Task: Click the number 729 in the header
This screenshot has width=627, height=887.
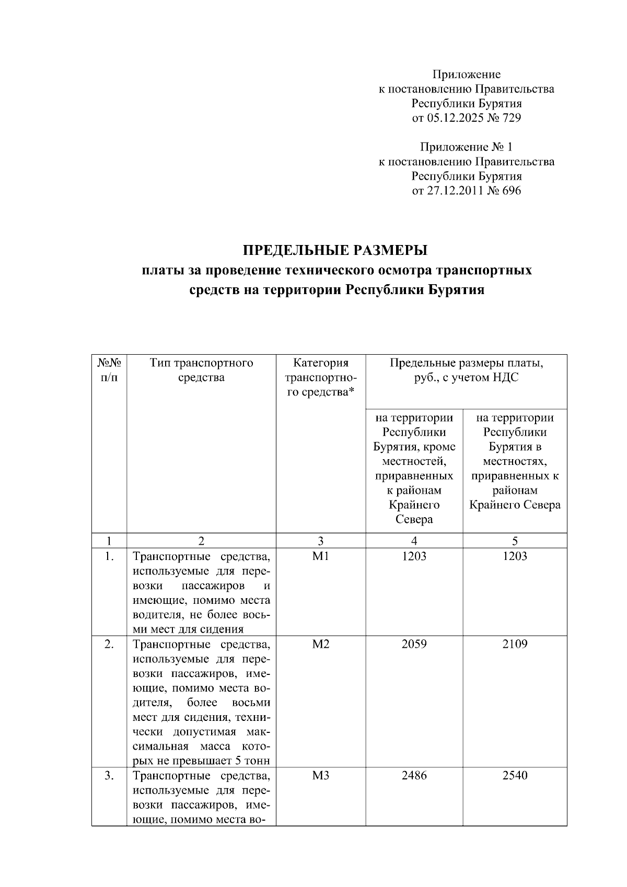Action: pos(511,118)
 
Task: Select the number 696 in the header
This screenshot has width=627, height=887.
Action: pos(511,191)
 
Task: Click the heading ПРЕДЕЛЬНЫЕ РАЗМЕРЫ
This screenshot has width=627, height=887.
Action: pos(335,251)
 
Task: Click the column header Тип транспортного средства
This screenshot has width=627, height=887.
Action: pos(201,370)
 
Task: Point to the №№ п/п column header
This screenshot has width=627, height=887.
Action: pos(109,370)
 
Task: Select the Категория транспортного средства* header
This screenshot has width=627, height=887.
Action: pos(320,377)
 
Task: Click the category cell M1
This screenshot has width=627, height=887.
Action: pos(320,557)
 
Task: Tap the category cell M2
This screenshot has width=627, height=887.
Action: pos(320,645)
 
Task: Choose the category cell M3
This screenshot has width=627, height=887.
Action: pos(320,776)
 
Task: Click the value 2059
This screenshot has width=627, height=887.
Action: pos(414,645)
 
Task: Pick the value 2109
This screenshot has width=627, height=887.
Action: pos(515,645)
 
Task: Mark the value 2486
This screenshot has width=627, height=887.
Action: pos(414,776)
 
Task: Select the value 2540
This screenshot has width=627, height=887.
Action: pos(515,776)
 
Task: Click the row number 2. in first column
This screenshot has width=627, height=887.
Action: pos(109,645)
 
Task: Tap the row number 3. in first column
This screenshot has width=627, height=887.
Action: pos(109,776)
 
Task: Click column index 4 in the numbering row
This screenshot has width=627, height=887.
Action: pos(414,541)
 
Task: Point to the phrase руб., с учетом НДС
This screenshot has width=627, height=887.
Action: pos(466,378)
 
